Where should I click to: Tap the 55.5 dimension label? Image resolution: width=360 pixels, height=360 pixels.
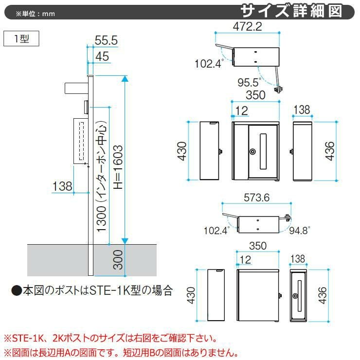click(x=107, y=41)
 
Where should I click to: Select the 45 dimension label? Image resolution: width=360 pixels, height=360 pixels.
click(x=102, y=56)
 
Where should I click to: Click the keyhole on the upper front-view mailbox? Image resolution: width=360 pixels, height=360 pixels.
click(x=252, y=152)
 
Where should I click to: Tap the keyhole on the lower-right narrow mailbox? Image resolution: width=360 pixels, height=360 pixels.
click(x=295, y=296)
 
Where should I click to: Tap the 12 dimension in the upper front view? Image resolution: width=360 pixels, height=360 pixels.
click(x=242, y=111)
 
